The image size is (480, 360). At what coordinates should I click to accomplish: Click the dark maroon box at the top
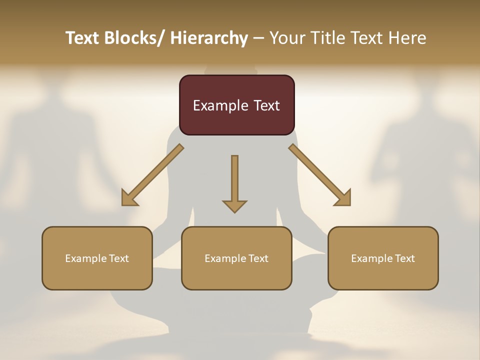tap(236, 105)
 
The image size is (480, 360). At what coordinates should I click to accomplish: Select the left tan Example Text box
tap(97, 258)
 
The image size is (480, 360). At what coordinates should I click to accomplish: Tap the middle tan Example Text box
tap(236, 258)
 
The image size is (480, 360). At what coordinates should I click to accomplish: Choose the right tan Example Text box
tap(383, 258)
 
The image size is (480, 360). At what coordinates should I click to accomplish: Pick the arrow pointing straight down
tap(234, 182)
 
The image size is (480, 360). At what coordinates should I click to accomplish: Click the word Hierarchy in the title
tap(209, 38)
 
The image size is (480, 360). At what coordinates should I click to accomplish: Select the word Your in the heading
tap(286, 38)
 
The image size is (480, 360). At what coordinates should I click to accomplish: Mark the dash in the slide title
tap(258, 38)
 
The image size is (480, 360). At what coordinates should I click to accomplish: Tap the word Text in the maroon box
tap(265, 105)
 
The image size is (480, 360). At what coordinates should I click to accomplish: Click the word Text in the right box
tap(404, 258)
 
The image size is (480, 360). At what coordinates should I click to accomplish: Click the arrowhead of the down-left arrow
tap(129, 198)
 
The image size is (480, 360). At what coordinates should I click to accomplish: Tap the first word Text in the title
tap(83, 38)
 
